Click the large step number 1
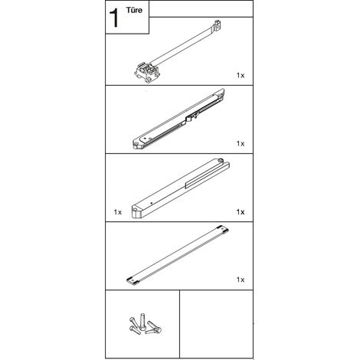point(114,18)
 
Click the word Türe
point(134,10)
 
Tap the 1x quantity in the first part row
point(241,75)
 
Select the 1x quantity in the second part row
point(241,143)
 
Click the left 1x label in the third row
point(118,212)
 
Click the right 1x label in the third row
point(241,212)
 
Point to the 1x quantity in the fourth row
point(241,280)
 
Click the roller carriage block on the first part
point(147,71)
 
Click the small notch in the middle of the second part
point(191,117)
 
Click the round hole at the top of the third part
point(220,160)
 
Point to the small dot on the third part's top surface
point(152,203)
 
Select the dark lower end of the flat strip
point(133,280)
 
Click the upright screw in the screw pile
point(142,321)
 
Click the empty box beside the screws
point(216,324)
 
